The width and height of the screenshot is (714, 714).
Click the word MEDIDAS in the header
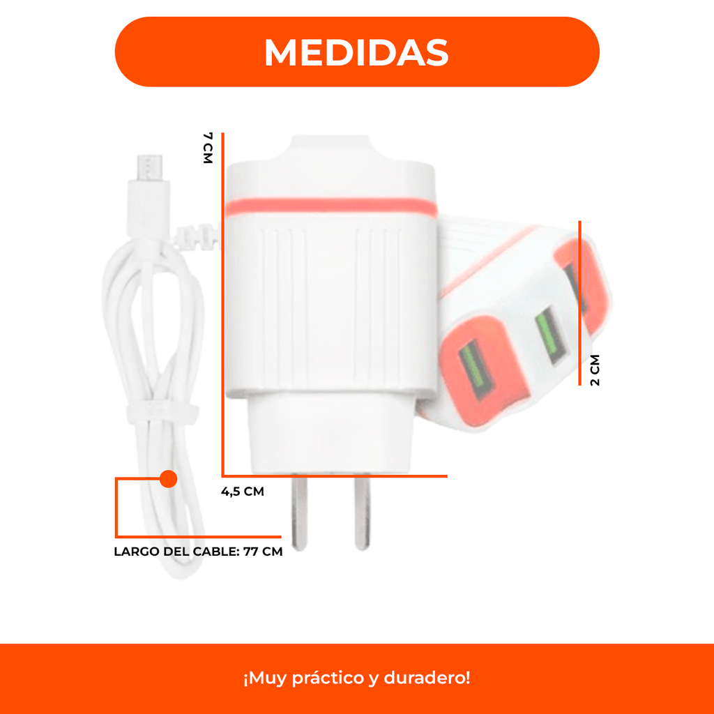click(x=356, y=52)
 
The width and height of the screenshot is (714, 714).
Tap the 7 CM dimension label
click(x=208, y=148)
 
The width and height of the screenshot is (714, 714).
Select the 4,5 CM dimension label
click(x=242, y=492)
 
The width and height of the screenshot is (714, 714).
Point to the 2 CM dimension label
click(x=595, y=370)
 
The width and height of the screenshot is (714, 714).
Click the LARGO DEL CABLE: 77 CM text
click(x=198, y=552)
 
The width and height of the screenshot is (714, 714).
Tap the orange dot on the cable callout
click(x=169, y=479)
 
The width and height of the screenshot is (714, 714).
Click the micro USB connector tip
click(x=150, y=167)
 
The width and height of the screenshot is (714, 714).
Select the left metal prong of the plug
click(x=299, y=512)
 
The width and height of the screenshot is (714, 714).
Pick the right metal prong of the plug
click(x=363, y=512)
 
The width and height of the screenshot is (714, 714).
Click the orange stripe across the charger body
click(x=331, y=207)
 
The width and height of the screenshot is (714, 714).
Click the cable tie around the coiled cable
click(x=162, y=412)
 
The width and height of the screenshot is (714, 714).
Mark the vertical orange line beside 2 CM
click(x=579, y=303)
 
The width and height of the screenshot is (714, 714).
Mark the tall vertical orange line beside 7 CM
click(x=222, y=304)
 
